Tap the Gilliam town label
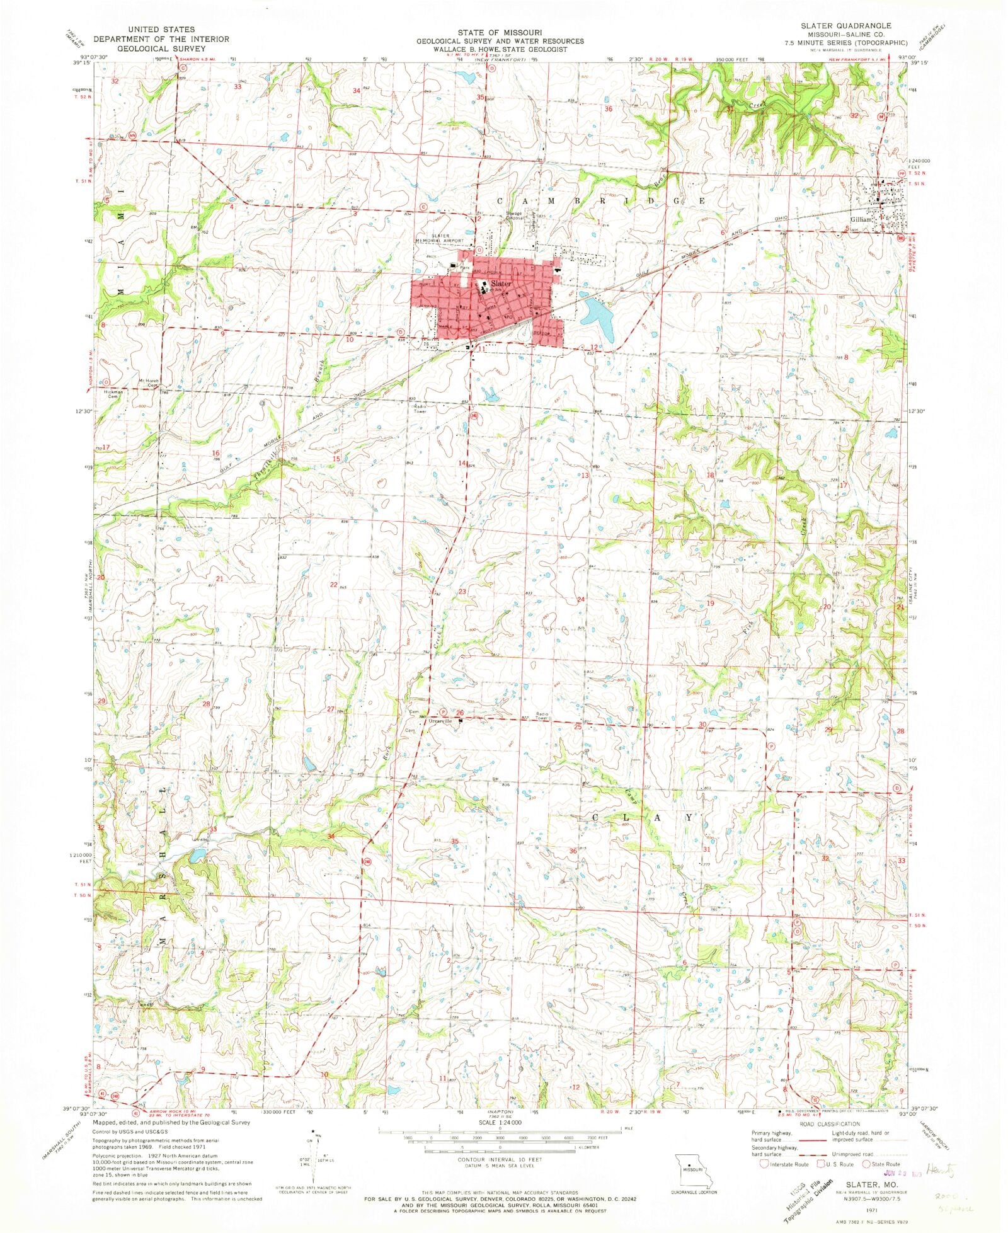pos(862,220)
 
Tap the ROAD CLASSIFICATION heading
pos(830,1124)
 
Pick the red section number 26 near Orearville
pos(460,713)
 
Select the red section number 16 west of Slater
pos(215,453)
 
